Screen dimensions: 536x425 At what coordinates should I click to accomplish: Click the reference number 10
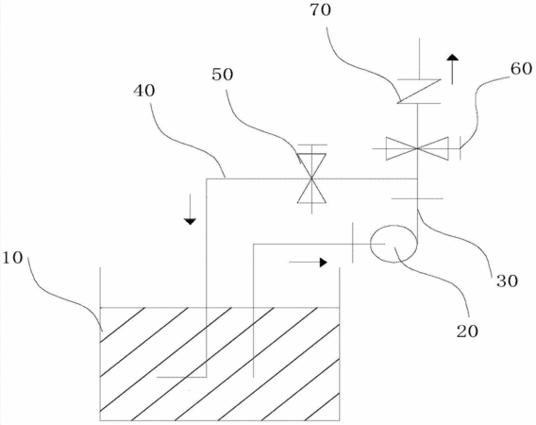[12, 258]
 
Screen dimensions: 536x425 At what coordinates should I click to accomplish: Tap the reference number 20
[467, 331]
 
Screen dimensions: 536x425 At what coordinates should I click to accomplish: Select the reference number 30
[507, 280]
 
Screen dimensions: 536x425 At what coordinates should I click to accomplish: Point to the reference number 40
[144, 91]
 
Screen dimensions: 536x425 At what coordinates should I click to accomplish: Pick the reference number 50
[223, 75]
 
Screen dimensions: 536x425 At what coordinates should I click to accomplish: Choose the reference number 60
[521, 68]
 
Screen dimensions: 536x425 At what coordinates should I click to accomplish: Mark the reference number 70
[320, 10]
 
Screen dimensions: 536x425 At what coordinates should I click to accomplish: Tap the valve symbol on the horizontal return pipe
[311, 178]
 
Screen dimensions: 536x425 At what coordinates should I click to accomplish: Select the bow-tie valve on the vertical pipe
[417, 148]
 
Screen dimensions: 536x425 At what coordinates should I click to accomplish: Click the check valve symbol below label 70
[419, 92]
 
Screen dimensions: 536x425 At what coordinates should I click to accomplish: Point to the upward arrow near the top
[453, 69]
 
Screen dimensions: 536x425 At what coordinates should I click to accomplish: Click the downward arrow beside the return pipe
[190, 209]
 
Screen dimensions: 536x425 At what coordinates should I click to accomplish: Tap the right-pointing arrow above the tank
[309, 263]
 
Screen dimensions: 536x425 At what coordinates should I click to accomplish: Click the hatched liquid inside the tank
[220, 364]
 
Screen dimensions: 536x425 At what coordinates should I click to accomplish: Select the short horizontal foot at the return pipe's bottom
[181, 377]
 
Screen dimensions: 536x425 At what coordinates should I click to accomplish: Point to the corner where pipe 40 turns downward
[207, 178]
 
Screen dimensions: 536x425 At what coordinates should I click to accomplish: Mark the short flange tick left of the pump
[352, 243]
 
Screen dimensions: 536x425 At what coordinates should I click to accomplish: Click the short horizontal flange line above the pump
[417, 198]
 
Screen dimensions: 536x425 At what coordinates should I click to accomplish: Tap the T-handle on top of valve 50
[311, 145]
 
